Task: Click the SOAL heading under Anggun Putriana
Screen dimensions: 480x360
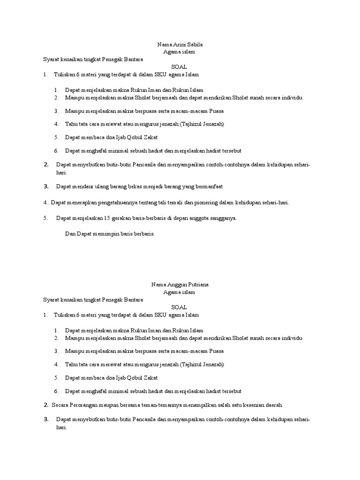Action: tap(179, 307)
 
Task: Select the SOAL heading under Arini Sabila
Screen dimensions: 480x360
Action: tap(179, 67)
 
